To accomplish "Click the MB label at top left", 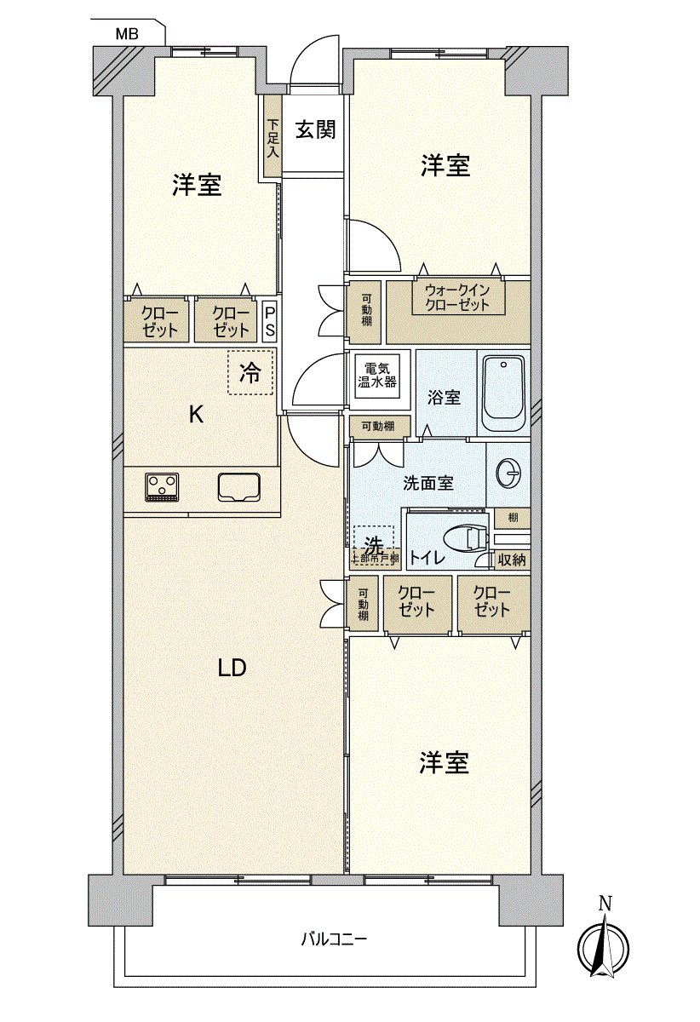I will point(129,34).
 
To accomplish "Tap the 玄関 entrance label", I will point(315,130).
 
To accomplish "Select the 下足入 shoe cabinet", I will point(272,137).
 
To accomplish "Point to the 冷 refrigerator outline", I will point(250,373).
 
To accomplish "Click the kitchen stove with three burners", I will point(162,485).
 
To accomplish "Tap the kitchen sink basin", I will point(240,486).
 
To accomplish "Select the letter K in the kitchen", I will point(196,415).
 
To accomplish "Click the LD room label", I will point(232,668).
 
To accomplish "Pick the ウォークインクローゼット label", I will point(457,297).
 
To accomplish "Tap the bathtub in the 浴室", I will point(502,393).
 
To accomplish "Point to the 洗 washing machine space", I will point(374,544).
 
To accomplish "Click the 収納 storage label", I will point(513,560).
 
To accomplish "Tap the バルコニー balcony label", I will point(334,940).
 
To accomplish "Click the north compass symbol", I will point(604,947).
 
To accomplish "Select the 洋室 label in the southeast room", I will point(444,763).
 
